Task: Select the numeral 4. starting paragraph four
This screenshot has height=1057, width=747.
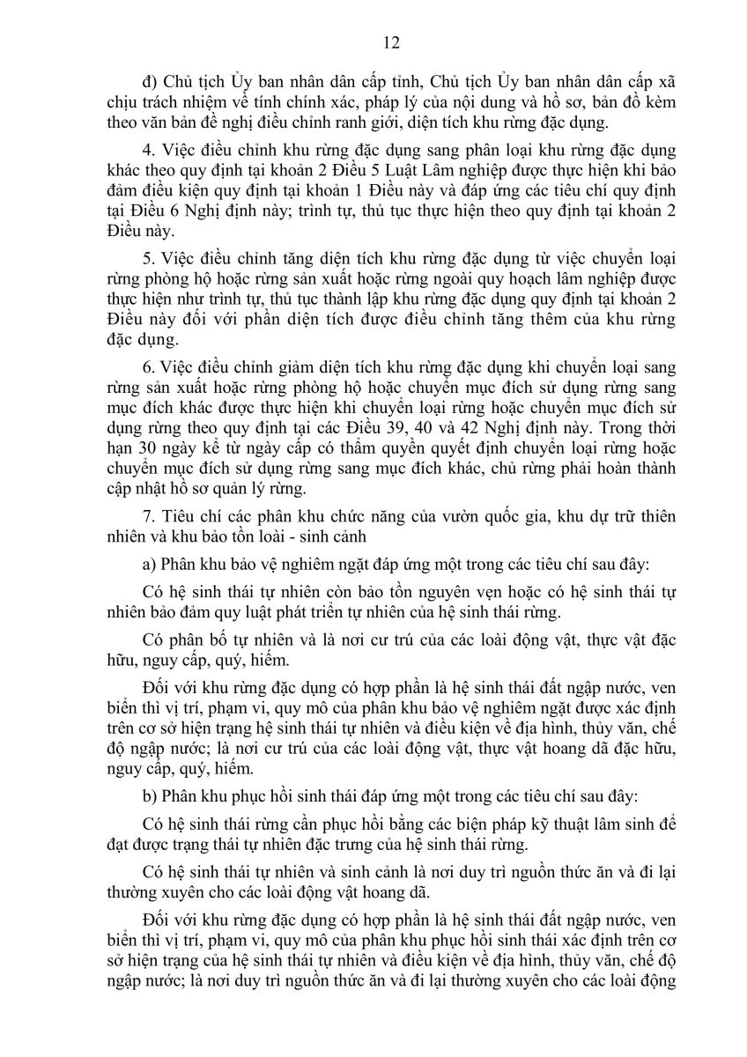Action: click(148, 149)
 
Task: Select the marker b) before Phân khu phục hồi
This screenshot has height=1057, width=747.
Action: click(149, 795)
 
